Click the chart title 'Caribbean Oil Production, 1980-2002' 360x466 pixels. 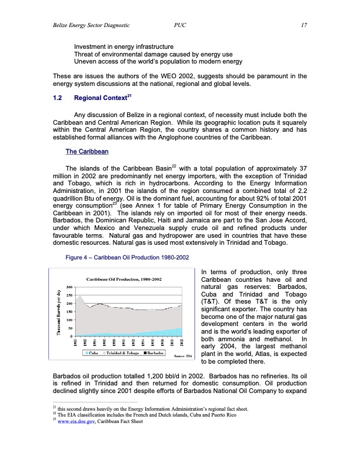(120, 278)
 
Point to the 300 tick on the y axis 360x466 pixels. (70, 287)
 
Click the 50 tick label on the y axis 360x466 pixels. (71, 328)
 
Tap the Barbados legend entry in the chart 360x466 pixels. (154, 353)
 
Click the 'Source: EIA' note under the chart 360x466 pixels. (183, 357)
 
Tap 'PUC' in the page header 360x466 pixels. (180, 25)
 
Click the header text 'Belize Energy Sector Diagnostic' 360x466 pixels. (89, 25)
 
